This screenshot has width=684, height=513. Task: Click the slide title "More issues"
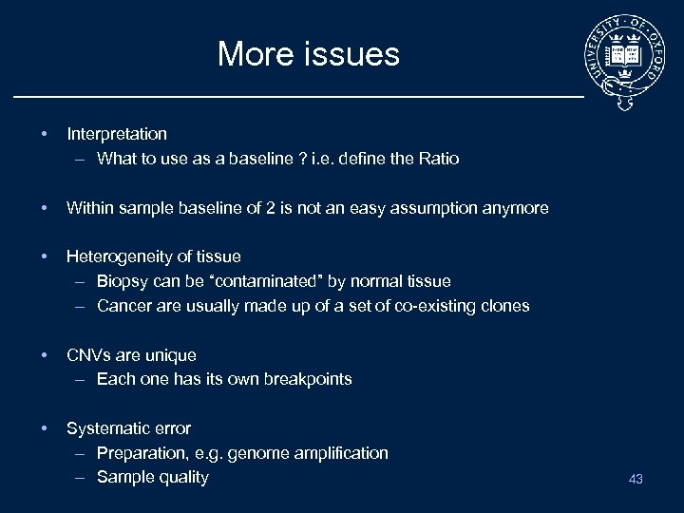point(308,54)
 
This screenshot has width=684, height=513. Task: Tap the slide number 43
point(636,479)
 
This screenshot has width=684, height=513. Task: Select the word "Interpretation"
point(117,134)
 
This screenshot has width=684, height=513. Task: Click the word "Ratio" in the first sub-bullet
point(438,159)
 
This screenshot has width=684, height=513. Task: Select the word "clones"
point(504,306)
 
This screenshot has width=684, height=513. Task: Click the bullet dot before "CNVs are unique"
point(44,355)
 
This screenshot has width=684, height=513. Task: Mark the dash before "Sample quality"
point(79,477)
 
